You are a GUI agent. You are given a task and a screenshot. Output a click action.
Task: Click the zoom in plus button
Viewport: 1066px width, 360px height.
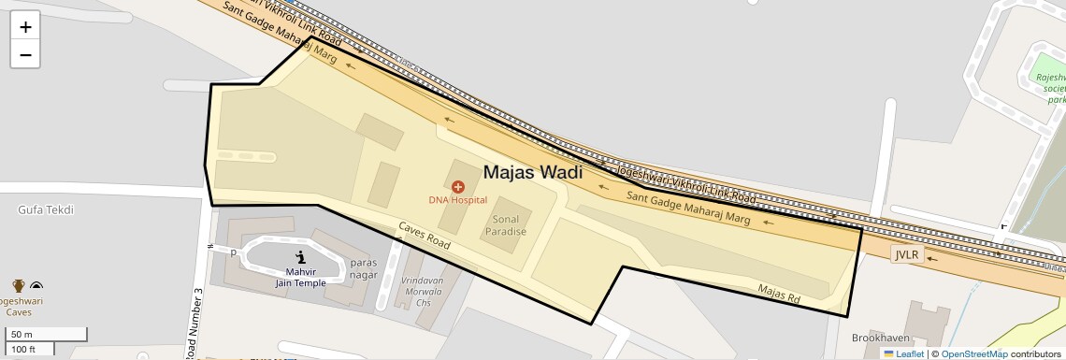25,27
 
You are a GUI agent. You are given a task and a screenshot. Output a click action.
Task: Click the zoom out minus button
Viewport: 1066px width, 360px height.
25,54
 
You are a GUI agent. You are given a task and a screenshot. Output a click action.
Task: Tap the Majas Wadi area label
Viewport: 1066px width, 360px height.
532,172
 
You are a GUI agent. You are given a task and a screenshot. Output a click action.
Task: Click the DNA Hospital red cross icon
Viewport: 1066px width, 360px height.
458,187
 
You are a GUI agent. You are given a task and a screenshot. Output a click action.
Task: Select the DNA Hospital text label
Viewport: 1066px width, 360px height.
458,200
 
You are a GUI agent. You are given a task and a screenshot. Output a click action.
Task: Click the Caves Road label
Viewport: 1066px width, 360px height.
425,236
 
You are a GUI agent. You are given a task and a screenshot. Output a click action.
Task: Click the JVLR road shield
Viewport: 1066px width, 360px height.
907,254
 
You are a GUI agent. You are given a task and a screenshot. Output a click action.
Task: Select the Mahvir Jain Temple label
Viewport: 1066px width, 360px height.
300,277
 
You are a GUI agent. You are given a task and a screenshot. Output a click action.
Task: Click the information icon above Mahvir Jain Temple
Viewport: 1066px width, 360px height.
300,257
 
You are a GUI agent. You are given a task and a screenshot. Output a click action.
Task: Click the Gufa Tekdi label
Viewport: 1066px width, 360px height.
45,210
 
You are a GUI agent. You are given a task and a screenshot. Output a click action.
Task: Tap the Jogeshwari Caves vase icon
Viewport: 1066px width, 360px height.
18,286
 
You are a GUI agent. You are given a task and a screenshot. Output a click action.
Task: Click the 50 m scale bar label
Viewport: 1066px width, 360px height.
22,335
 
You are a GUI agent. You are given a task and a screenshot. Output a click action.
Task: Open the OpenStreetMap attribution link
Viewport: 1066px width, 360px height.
973,353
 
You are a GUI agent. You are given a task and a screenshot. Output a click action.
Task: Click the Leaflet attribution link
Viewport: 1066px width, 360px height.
909,353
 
